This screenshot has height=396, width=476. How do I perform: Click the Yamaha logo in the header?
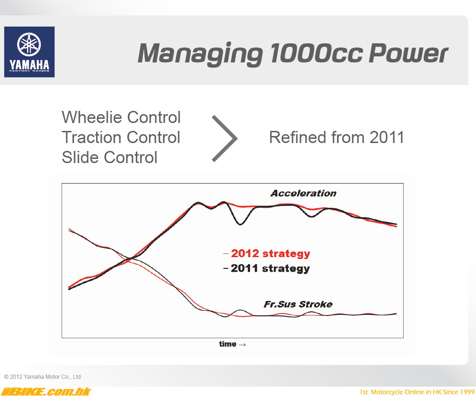[x=29, y=52]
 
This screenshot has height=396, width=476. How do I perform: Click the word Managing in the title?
[x=200, y=54]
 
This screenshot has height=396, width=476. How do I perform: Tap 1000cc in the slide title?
[x=316, y=53]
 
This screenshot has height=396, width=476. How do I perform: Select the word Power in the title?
[x=408, y=53]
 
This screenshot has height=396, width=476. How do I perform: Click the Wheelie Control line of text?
[x=121, y=117]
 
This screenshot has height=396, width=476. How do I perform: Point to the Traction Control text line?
[x=121, y=137]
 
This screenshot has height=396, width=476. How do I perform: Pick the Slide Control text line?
[x=110, y=157]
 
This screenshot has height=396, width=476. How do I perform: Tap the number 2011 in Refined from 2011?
[x=387, y=137]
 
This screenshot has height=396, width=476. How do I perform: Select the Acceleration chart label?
[x=303, y=193]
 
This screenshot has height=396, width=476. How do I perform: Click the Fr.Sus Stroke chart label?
[x=298, y=304]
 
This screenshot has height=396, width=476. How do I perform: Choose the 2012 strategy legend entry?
[x=267, y=253]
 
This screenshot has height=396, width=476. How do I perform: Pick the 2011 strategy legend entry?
[x=266, y=268]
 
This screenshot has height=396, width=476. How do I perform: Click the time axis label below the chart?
[x=228, y=344]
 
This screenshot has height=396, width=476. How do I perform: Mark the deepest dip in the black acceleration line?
[x=240, y=225]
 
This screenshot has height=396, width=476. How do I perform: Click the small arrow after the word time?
[x=242, y=345]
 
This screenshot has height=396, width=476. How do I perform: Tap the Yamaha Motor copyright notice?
[x=42, y=376]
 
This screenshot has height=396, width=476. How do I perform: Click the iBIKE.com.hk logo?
[x=46, y=391]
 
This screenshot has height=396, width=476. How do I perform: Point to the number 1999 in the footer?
[x=467, y=392]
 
